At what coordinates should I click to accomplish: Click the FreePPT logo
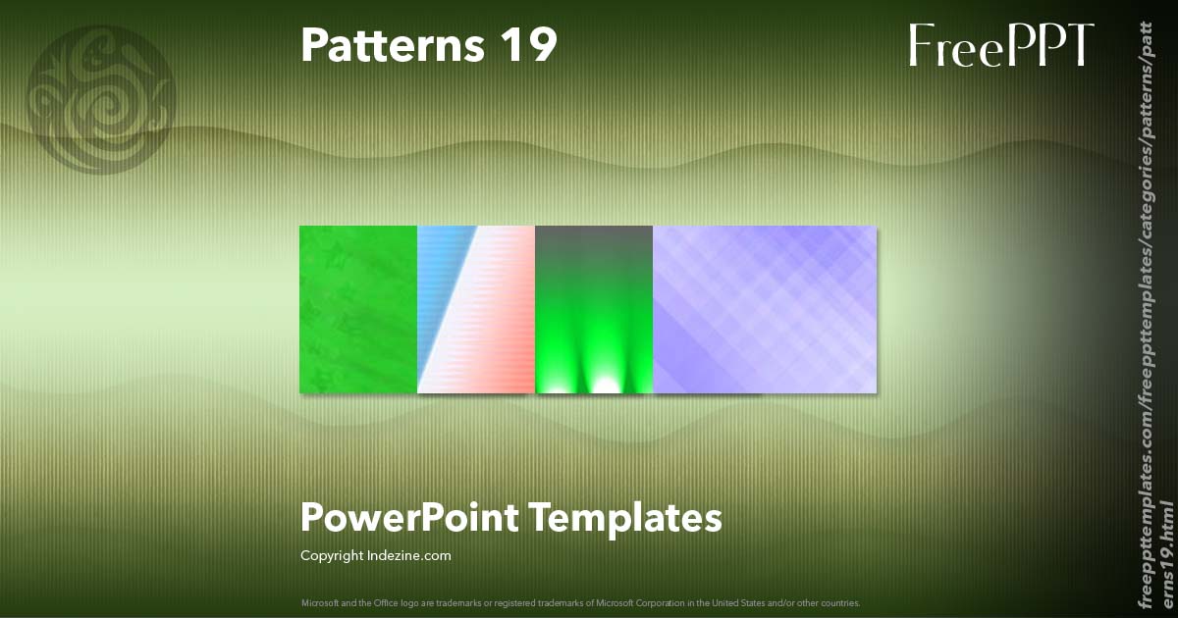(1000, 45)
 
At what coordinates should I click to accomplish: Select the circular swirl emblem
(102, 99)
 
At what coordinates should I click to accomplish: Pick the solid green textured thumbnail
(358, 309)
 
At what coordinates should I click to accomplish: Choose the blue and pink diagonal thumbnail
(476, 309)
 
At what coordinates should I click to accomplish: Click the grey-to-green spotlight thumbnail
(594, 309)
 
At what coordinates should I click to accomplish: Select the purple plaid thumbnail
(765, 309)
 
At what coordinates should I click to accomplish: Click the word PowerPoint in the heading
(409, 517)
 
